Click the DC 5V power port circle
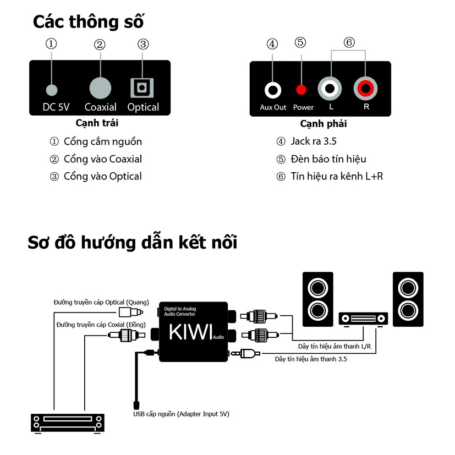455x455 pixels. click(x=52, y=90)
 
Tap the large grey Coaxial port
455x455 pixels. click(x=100, y=88)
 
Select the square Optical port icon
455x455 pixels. click(x=142, y=87)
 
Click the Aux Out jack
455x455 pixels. click(x=273, y=90)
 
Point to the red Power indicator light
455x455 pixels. click(x=301, y=90)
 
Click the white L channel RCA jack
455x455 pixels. click(x=330, y=89)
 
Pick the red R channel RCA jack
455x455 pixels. click(x=365, y=88)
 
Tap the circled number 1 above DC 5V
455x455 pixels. click(x=51, y=44)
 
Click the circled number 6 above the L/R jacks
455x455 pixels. click(x=349, y=42)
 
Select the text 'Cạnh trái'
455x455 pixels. click(x=97, y=123)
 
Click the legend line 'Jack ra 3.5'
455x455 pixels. click(x=314, y=141)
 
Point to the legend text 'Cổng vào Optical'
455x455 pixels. click(x=103, y=177)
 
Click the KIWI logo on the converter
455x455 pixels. click(x=191, y=332)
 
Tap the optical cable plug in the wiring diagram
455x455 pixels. click(x=131, y=313)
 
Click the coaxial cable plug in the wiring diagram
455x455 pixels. click(x=127, y=335)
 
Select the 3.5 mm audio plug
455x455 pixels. click(x=245, y=353)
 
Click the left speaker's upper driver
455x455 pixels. click(x=318, y=288)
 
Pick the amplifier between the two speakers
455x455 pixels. click(x=363, y=319)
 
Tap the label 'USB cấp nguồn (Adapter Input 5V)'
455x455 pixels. click(x=181, y=414)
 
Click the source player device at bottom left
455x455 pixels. click(x=68, y=424)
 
